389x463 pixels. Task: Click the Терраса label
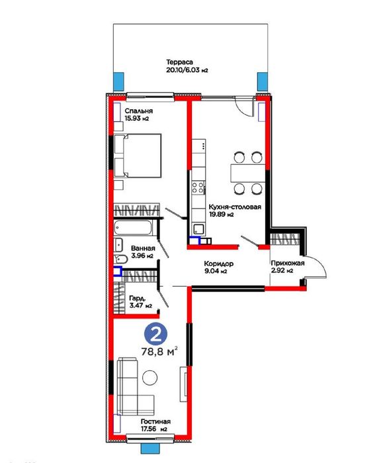point(179,62)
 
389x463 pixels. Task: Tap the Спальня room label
point(139,111)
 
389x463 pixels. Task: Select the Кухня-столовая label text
point(235,207)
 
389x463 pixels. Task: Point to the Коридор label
point(219,264)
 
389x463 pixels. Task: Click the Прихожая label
point(288,263)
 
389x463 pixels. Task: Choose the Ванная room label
point(143,248)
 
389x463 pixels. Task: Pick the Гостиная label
point(155,421)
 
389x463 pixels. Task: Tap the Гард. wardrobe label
point(138,298)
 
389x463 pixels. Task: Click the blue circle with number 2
point(155,334)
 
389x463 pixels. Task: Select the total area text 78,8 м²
point(159,351)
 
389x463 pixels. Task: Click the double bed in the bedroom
point(138,156)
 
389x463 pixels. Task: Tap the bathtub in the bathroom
point(133,228)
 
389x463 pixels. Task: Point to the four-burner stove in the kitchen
point(198,188)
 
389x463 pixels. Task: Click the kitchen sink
point(198,229)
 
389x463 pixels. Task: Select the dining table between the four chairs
point(248,174)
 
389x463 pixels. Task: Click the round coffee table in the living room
point(150,378)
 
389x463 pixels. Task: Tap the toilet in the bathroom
point(120,259)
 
